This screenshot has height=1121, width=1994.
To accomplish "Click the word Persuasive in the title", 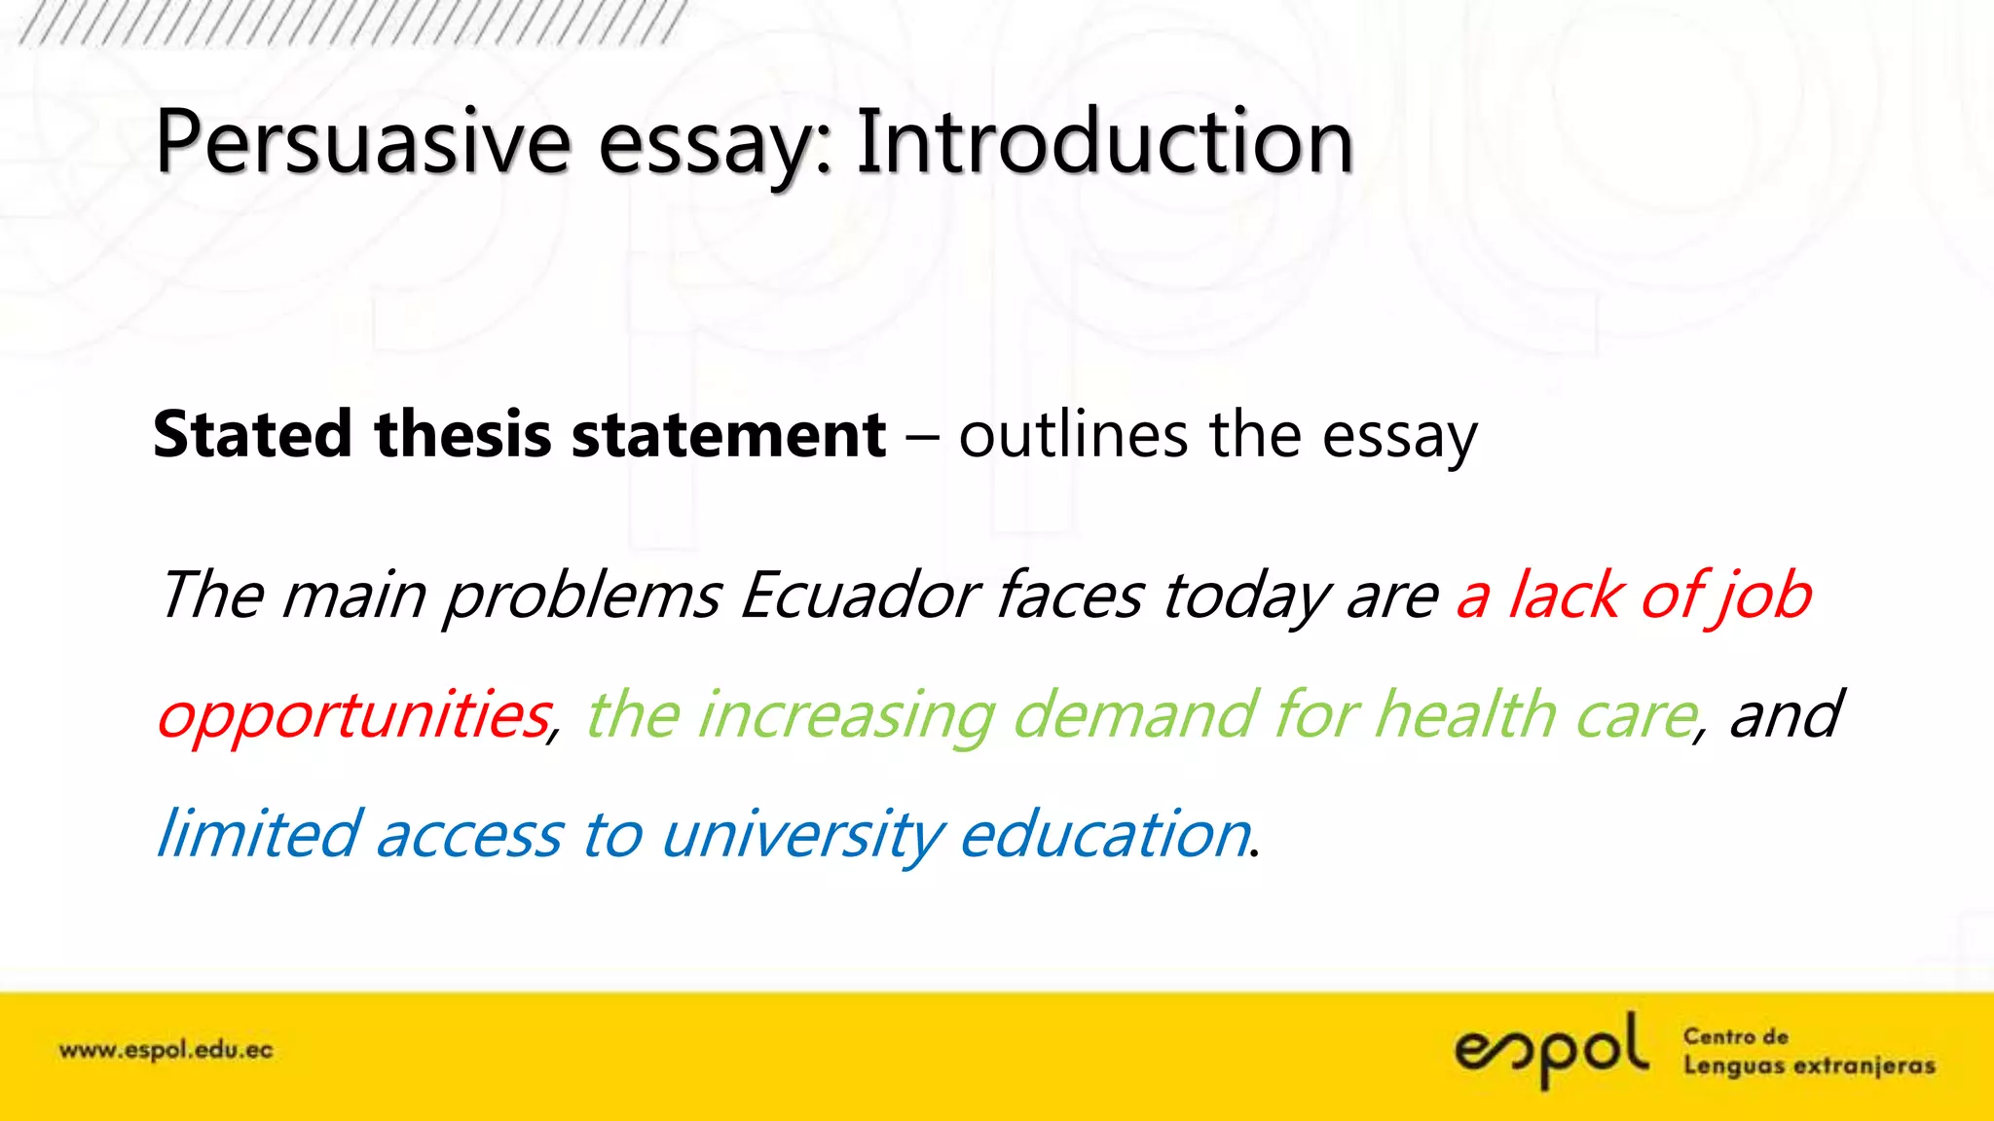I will tap(362, 143).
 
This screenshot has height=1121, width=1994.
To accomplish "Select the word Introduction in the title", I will tap(1105, 143).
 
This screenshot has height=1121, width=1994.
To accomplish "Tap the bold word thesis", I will tap(463, 434).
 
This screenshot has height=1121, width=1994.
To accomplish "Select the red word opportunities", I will tap(354, 716).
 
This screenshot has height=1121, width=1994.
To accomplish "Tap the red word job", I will tap(1762, 597).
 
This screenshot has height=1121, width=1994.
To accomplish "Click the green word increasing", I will tap(846, 716).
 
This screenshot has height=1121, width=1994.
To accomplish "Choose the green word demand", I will tap(1134, 714).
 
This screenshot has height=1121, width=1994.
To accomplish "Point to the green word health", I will tap(1466, 714).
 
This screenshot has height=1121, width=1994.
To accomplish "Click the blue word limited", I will tap(259, 834).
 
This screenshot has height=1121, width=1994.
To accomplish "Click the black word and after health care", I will tap(1785, 714).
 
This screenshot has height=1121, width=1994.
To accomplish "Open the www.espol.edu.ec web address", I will tap(166, 1051).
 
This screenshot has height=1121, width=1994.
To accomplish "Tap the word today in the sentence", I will tap(1245, 597).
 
